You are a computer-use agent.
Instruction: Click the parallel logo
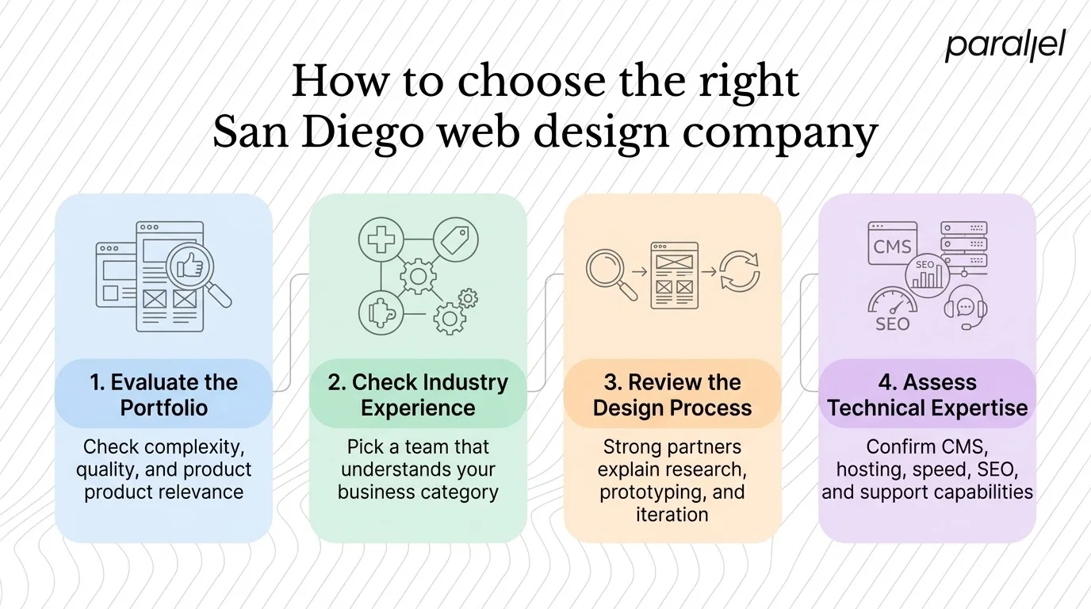[x=1005, y=46]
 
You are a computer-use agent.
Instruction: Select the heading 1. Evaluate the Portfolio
[x=163, y=395]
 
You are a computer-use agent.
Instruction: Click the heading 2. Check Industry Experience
[x=418, y=395]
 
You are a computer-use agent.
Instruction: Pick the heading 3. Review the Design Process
[x=672, y=395]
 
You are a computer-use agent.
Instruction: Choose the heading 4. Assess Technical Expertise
[x=927, y=395]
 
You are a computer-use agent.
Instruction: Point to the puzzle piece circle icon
[x=381, y=312]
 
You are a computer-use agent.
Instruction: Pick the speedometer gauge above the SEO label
[x=893, y=302]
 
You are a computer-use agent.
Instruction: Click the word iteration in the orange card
[x=672, y=514]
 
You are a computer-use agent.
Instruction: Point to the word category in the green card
[x=461, y=492]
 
